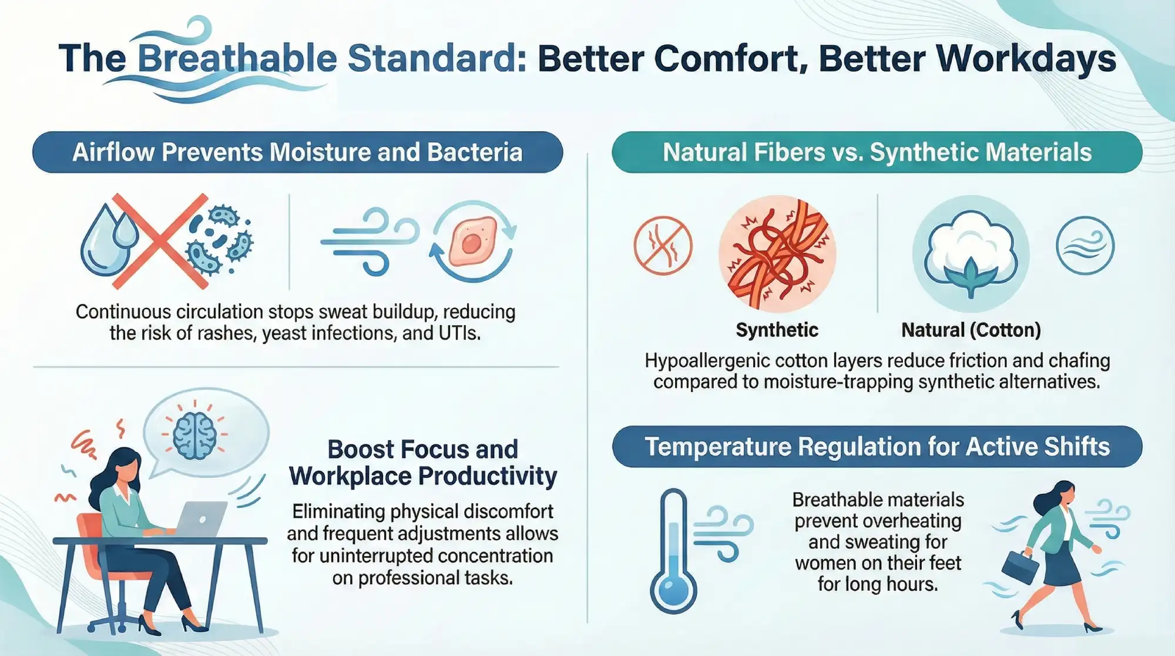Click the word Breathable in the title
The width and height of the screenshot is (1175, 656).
[237, 59]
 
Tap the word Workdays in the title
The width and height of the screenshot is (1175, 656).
[1026, 59]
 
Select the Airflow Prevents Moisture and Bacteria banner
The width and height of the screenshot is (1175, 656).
[297, 152]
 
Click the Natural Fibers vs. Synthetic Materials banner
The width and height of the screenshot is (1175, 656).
[877, 152]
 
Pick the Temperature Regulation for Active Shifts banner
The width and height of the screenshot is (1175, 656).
[877, 447]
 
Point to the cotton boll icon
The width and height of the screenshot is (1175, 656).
[970, 253]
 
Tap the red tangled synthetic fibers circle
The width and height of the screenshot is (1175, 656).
[777, 253]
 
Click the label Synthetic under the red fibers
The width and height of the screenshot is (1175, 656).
[777, 330]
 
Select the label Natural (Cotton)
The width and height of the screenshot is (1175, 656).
[971, 330]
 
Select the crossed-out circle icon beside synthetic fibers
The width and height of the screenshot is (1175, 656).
[663, 245]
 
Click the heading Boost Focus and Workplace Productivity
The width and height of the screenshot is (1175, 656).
[422, 463]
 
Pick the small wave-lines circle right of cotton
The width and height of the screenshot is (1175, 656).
[1085, 245]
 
